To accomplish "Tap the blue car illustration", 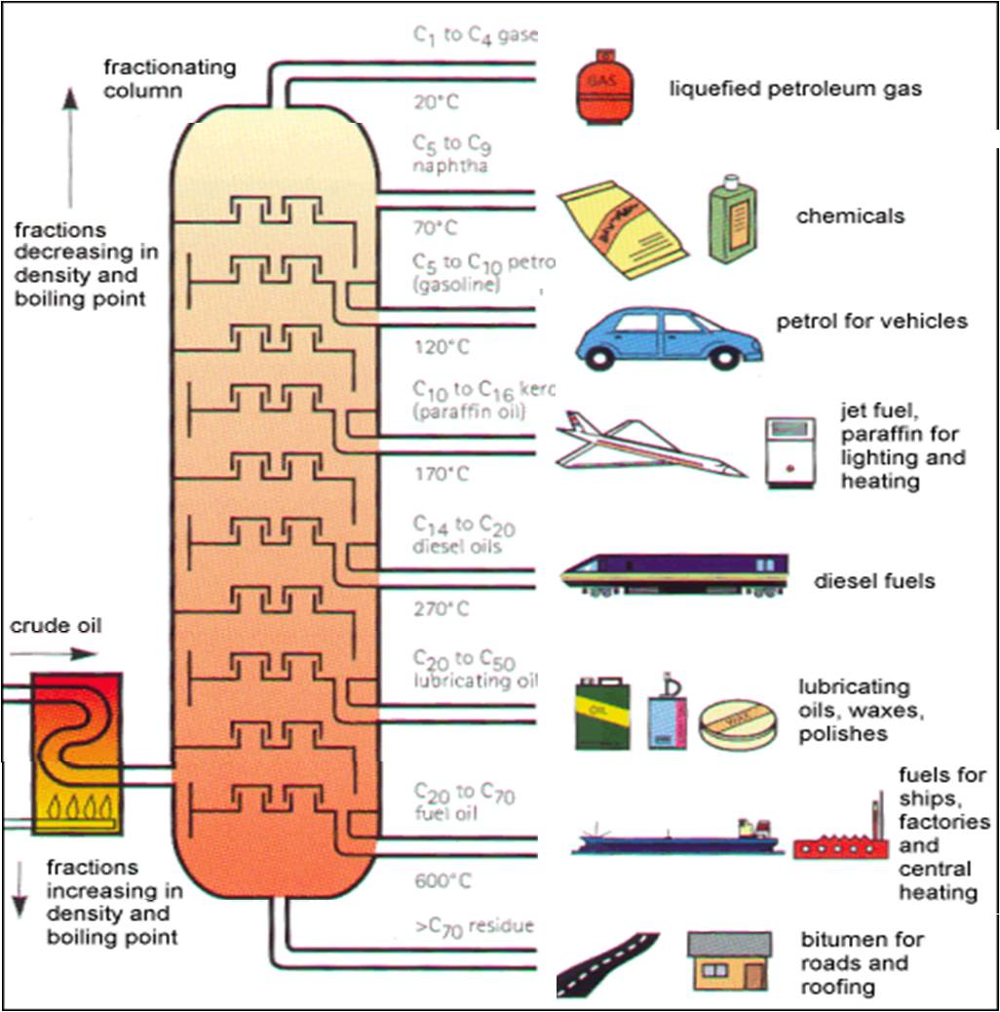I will pos(668,337).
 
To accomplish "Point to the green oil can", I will pos(602,713).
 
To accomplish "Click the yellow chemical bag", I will pos(624,229).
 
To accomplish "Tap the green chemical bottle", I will pos(733,218).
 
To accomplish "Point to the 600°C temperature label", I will pos(442,881).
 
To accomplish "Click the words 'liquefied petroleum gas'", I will pos(794,89).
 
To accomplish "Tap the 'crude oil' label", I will pos(56,626).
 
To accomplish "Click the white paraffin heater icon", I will pos(790,451).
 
